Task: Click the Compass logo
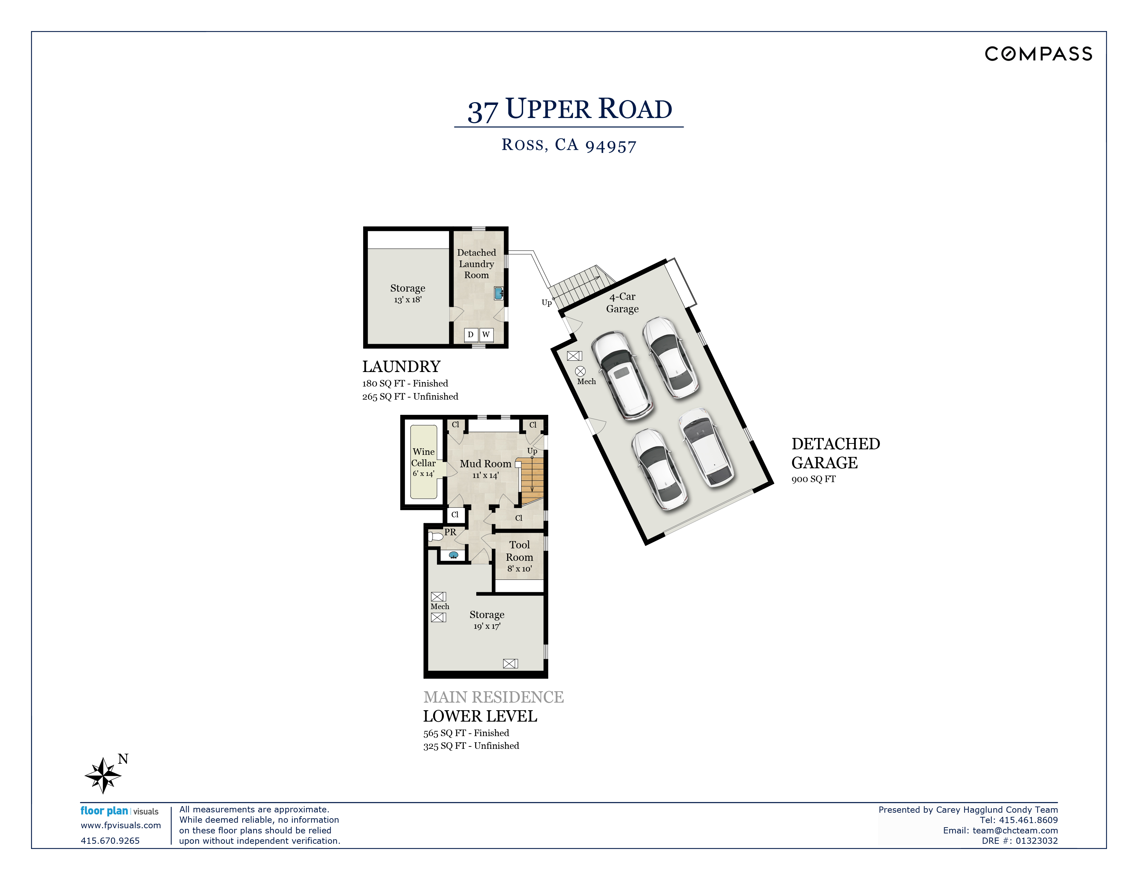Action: point(1038,54)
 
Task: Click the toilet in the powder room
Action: point(436,536)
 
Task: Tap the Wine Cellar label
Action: point(423,457)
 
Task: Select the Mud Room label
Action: point(486,463)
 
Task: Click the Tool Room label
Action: point(519,551)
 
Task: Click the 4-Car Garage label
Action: point(622,302)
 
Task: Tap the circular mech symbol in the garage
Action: point(580,371)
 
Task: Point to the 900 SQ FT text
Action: point(813,479)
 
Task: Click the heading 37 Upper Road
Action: point(570,109)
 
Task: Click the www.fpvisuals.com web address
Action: point(121,825)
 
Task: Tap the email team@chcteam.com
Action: point(1015,830)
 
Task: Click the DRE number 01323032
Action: point(1037,841)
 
